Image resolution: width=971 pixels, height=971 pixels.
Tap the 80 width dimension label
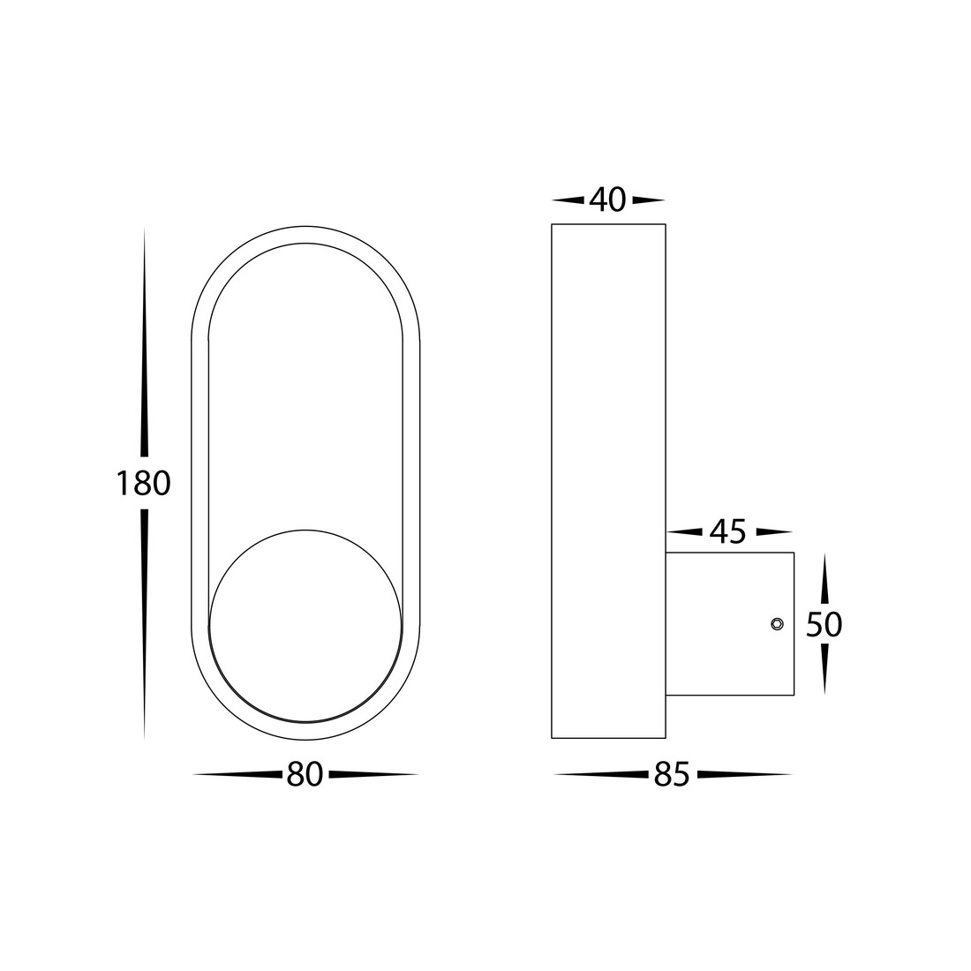(305, 774)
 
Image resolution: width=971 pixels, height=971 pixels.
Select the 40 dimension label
(608, 199)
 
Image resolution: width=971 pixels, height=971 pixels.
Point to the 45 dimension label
(728, 531)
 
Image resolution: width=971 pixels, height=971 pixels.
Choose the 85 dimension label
(672, 774)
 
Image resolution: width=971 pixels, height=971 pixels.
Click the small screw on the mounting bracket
(777, 623)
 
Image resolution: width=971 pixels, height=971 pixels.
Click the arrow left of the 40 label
(568, 200)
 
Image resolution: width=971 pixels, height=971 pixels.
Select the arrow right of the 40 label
(649, 200)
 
